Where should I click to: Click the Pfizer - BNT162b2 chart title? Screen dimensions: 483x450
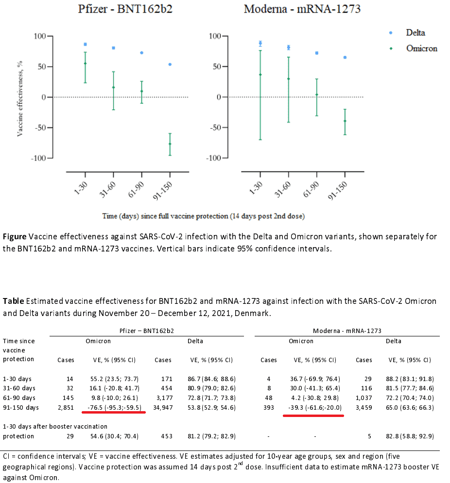(125, 9)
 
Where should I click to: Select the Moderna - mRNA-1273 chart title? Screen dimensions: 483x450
(302, 9)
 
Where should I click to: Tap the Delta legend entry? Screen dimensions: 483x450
(415, 33)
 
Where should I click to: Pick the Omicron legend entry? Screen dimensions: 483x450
(421, 48)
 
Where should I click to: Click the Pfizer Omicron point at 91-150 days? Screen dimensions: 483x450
(170, 144)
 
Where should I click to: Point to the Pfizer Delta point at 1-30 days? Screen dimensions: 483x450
(85, 44)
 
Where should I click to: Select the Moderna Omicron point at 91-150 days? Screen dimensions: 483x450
(345, 121)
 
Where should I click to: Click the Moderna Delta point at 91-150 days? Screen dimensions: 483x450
(345, 57)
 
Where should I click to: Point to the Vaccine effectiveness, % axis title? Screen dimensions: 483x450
(20, 98)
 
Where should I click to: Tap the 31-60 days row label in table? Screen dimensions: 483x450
(19, 388)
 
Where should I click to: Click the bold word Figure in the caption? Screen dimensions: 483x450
(15, 237)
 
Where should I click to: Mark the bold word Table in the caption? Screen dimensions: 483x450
(13, 301)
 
